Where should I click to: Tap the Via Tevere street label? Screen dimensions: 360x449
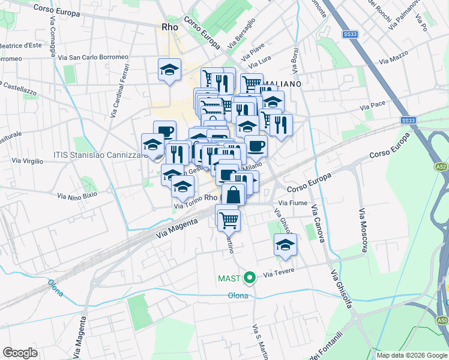coord(277,274)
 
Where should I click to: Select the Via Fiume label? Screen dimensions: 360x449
coord(294,203)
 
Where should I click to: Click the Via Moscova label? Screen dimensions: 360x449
coord(363,230)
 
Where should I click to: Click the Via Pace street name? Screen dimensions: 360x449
coord(373,105)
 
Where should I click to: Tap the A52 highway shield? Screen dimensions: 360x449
coord(442,166)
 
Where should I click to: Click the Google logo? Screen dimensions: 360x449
coord(20,353)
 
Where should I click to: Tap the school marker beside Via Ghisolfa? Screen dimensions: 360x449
coord(285,244)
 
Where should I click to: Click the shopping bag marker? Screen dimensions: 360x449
coord(234,194)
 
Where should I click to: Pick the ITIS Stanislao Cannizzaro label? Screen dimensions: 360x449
coord(100,155)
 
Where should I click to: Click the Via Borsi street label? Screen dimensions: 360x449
coord(295,58)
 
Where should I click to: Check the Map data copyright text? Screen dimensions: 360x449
coord(411,355)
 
